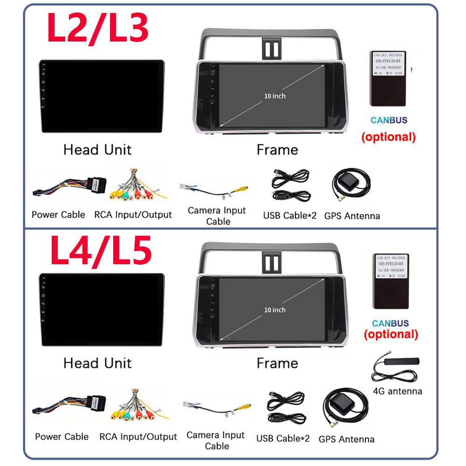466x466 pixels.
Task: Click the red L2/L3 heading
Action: [98, 27]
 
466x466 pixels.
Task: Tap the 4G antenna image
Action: [396, 368]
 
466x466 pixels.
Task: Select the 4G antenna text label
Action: [398, 391]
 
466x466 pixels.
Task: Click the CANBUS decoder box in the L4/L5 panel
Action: [391, 281]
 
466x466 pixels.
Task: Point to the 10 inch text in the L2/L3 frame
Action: [275, 96]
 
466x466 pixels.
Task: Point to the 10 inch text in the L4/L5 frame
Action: [275, 310]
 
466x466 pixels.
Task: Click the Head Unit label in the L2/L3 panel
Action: [97, 150]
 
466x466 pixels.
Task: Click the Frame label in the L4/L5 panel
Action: [277, 363]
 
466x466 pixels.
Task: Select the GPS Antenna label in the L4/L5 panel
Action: [346, 439]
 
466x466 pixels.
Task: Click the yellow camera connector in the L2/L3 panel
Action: [242, 189]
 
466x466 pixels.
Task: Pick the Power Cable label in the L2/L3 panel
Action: [58, 215]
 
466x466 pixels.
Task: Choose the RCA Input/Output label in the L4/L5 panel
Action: [138, 437]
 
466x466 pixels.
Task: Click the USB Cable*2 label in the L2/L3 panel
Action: [289, 215]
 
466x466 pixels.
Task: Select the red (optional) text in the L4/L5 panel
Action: [391, 334]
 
